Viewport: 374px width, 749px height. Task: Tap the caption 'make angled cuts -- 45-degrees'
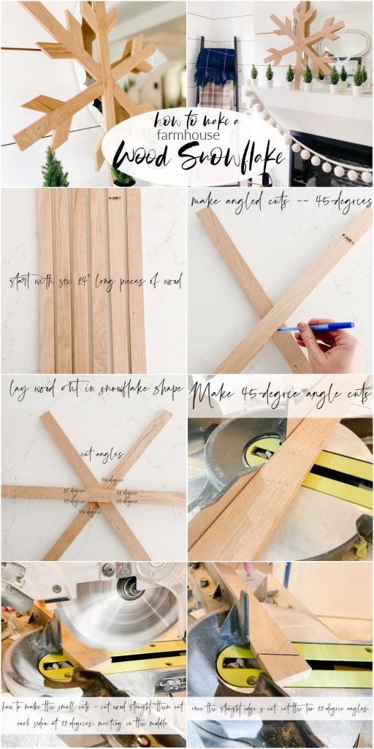pyautogui.click(x=280, y=201)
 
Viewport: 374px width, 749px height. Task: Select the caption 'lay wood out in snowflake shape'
pyautogui.click(x=95, y=390)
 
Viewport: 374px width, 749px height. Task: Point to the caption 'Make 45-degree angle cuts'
pyautogui.click(x=280, y=395)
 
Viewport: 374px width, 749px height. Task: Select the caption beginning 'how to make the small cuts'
pyautogui.click(x=93, y=715)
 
